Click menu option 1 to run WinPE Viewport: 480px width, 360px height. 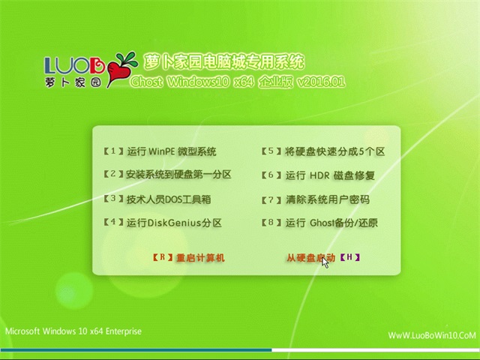[160, 151]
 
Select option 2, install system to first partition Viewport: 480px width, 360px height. [167, 175]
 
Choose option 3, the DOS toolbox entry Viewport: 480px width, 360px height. [157, 199]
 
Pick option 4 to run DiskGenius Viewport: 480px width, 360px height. [162, 223]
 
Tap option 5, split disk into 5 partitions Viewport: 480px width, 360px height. [323, 151]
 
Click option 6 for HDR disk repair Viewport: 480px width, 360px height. [318, 175]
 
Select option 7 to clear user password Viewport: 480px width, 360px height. [315, 199]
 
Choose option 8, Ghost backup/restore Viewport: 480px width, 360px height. [319, 223]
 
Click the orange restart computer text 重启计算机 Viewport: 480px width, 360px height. [200, 258]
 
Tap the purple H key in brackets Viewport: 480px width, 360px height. [350, 257]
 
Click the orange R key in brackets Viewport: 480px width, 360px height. [163, 257]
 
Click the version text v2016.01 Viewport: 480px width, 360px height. [321, 82]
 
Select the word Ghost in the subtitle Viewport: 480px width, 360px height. [147, 82]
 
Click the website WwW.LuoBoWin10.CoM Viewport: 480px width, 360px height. [432, 335]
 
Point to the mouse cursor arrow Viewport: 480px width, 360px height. [325, 263]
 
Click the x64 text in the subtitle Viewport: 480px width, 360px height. [244, 82]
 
